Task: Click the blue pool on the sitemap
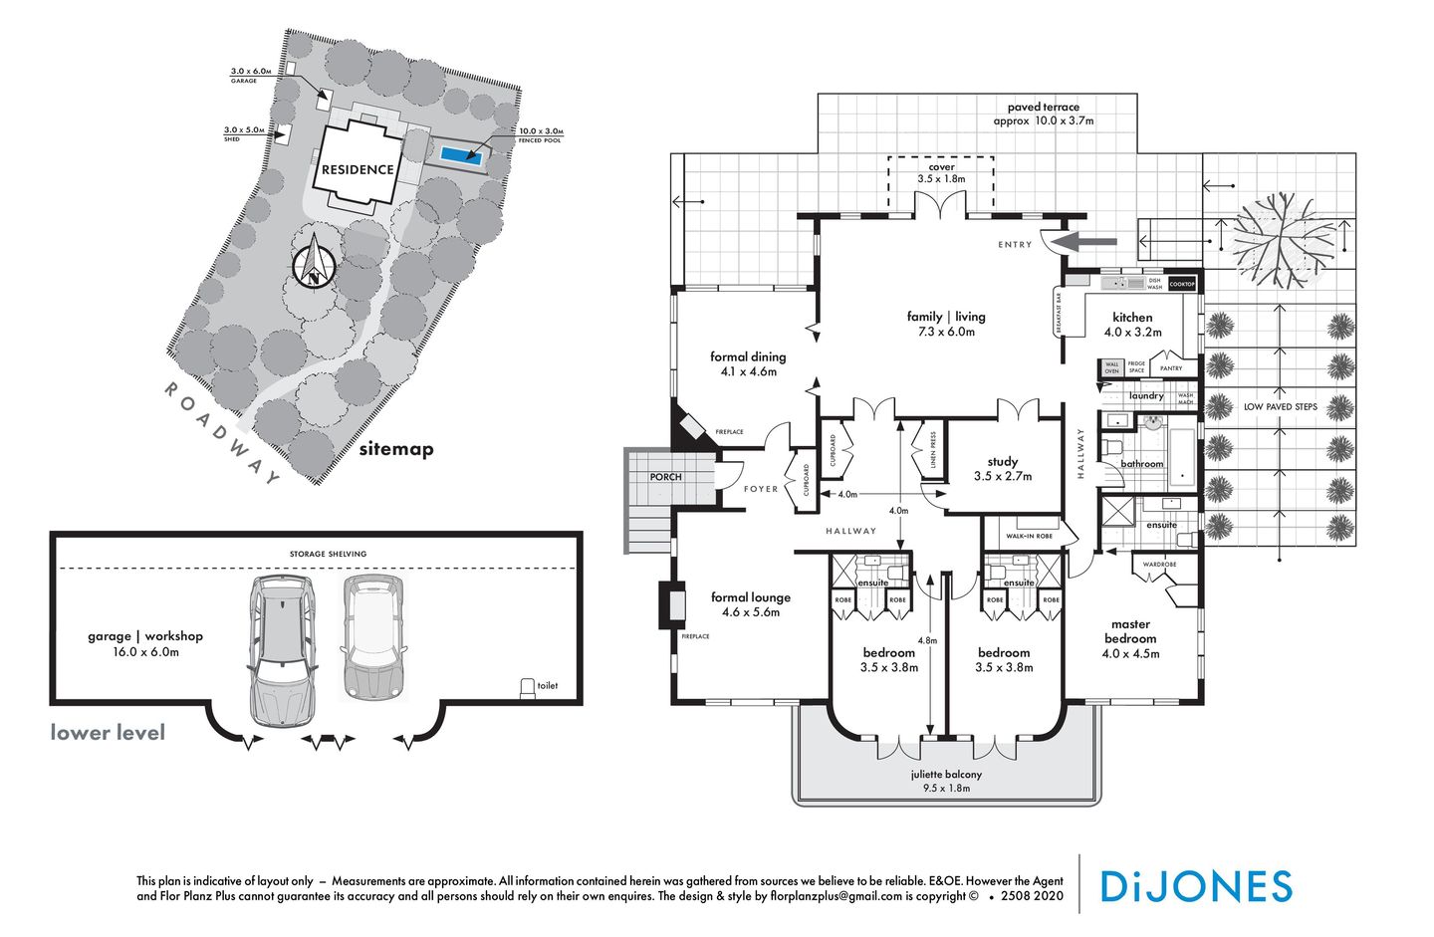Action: point(461,155)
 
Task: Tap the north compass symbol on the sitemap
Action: point(314,264)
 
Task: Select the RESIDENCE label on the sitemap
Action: point(358,169)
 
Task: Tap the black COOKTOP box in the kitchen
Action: point(1181,284)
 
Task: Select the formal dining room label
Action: point(748,363)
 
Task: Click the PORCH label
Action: point(665,477)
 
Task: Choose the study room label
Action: point(1003,468)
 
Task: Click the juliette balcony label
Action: point(946,781)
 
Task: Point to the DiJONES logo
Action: point(1195,886)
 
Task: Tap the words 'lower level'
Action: point(108,733)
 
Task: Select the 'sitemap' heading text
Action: point(396,449)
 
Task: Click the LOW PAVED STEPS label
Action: point(1280,406)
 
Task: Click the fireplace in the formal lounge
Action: point(670,604)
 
